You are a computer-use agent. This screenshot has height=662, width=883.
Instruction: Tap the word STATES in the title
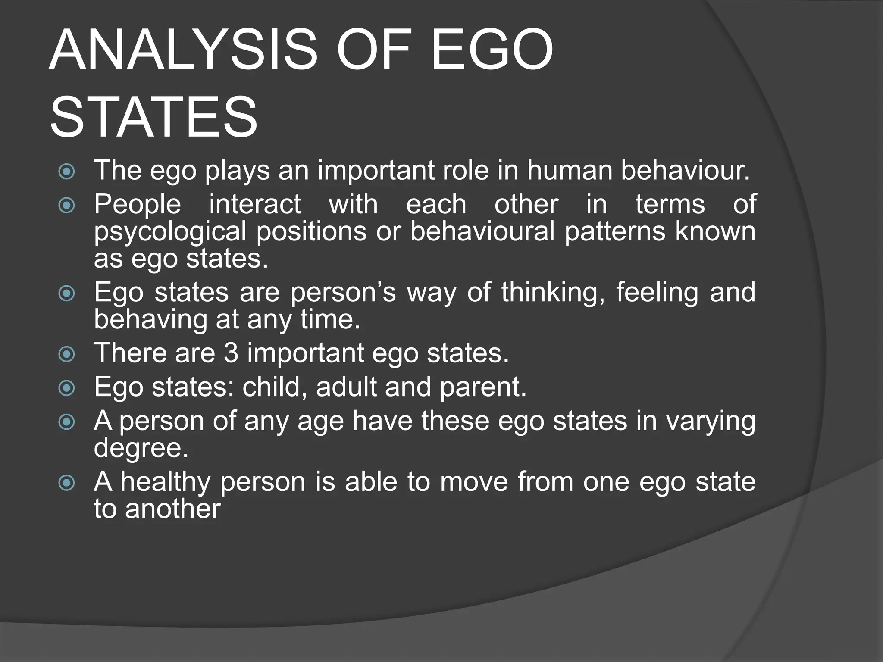point(154,117)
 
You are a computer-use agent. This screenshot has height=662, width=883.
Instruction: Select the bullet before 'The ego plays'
point(67,172)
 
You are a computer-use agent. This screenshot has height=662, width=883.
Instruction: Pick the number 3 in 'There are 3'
point(231,353)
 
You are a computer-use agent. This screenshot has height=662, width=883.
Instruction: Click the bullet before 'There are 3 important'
point(67,355)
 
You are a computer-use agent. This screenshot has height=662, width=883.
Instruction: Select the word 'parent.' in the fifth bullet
point(483,387)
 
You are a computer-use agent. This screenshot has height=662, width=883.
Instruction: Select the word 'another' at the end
point(172,509)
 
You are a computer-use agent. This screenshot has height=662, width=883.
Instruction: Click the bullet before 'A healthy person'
point(67,483)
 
